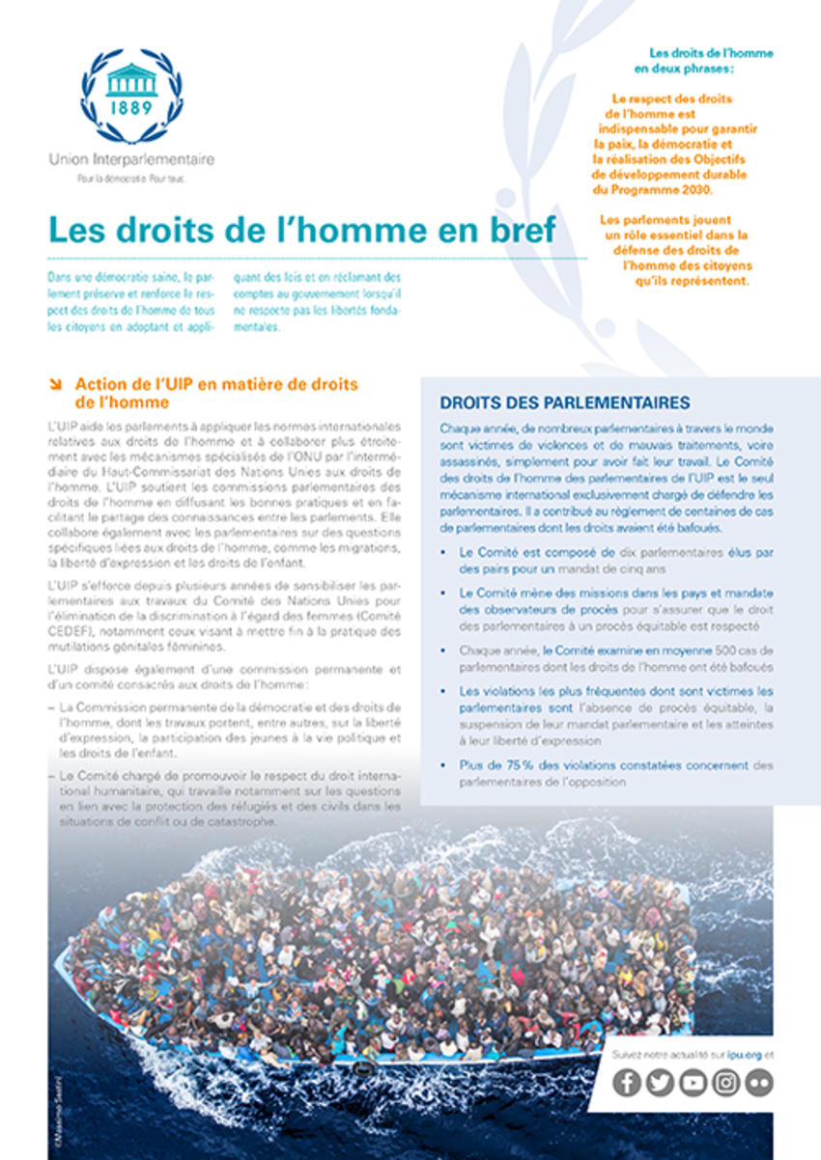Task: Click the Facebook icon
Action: (627, 1083)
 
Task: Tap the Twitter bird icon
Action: (660, 1083)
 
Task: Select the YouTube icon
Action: (693, 1083)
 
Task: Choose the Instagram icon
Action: (725, 1083)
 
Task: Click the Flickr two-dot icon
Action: (759, 1083)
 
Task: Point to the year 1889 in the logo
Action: (131, 107)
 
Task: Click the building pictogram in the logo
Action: (131, 79)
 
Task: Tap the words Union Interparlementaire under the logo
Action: (131, 159)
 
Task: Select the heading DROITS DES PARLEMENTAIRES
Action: (565, 402)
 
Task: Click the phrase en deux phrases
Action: (684, 69)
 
